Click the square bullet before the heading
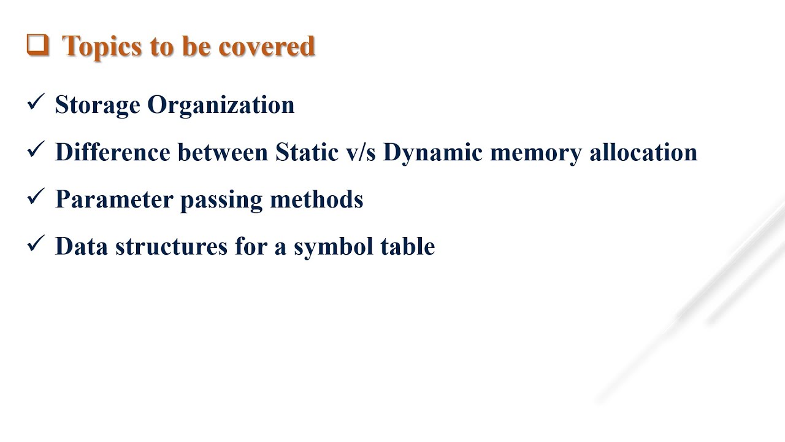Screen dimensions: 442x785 [x=37, y=45]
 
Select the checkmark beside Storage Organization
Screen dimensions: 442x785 [x=36, y=102]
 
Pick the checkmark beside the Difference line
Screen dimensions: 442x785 [x=36, y=149]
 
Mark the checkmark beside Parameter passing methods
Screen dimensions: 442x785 [x=36, y=196]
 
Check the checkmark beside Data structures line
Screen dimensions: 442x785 [x=36, y=244]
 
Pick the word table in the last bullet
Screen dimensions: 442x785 [x=408, y=246]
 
